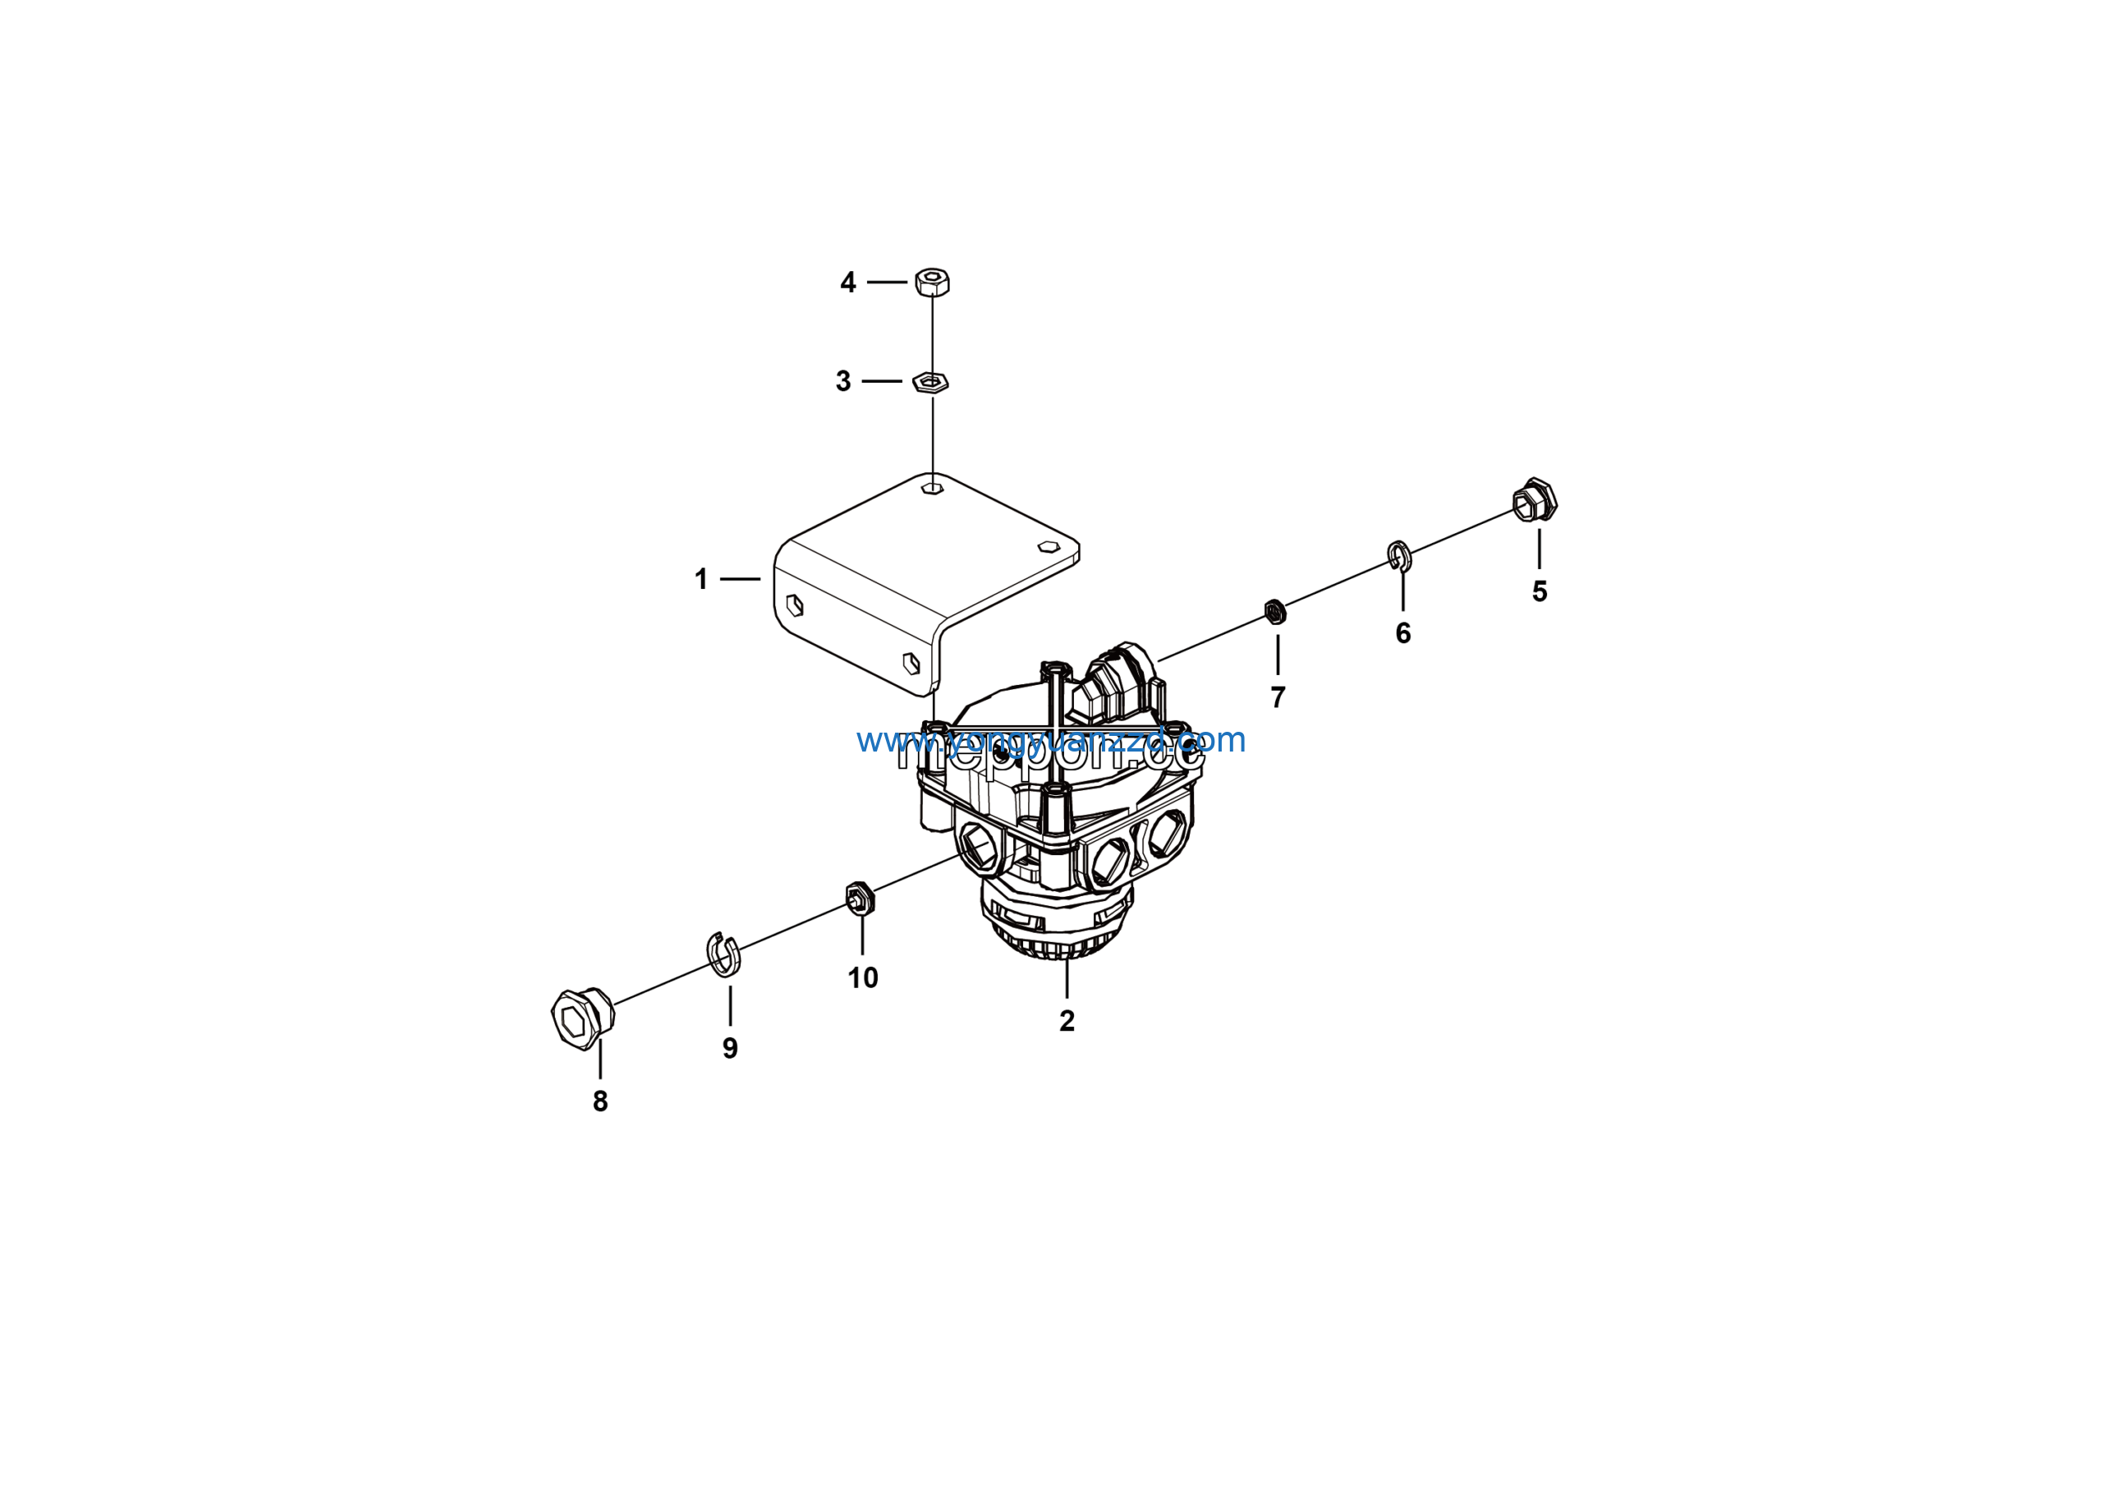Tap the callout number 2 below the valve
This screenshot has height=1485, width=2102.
click(x=1067, y=1021)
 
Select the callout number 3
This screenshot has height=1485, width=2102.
click(x=843, y=381)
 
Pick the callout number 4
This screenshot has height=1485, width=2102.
click(x=847, y=282)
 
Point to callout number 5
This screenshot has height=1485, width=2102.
click(x=1539, y=591)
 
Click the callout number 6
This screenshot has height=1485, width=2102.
click(x=1402, y=632)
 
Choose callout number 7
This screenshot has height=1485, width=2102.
click(x=1278, y=697)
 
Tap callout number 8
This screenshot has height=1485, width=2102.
click(x=600, y=1101)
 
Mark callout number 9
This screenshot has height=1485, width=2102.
click(x=730, y=1048)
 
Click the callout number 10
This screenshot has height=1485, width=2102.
click(x=862, y=977)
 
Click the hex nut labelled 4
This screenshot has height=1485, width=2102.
click(x=932, y=282)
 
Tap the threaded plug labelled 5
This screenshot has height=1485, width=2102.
click(x=1535, y=500)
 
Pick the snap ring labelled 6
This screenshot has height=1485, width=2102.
click(x=1399, y=554)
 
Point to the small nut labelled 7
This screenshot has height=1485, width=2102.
click(x=1274, y=610)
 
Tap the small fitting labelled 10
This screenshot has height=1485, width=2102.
click(x=860, y=897)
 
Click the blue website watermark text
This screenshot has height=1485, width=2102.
click(x=1051, y=740)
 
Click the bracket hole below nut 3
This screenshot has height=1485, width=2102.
click(x=932, y=486)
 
